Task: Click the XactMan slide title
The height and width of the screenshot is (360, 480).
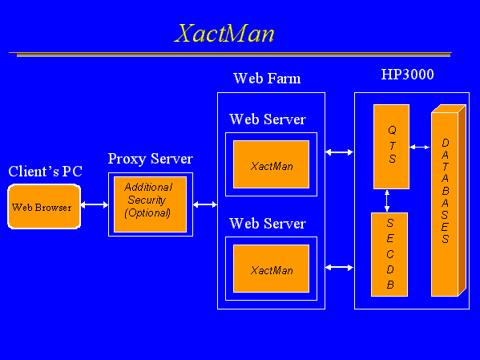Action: pyautogui.click(x=225, y=34)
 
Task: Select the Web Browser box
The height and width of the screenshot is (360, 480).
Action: pyautogui.click(x=44, y=207)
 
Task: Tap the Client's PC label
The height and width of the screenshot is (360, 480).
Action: pyautogui.click(x=45, y=172)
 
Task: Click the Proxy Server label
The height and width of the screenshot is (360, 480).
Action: pyautogui.click(x=150, y=159)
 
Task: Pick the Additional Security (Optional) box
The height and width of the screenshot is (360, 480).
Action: pyautogui.click(x=150, y=204)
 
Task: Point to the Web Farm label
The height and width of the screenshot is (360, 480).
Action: pyautogui.click(x=267, y=79)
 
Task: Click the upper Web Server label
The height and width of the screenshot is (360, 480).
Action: pyautogui.click(x=267, y=119)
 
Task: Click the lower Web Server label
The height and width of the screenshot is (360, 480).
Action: pyautogui.click(x=267, y=224)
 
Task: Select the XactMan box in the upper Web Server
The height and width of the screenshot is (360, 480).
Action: pyautogui.click(x=271, y=164)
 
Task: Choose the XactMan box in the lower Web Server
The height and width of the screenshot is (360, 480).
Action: pyautogui.click(x=271, y=269)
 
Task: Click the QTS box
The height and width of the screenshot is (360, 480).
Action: pyautogui.click(x=391, y=146)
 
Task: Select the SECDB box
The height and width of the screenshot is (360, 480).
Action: pyautogui.click(x=389, y=253)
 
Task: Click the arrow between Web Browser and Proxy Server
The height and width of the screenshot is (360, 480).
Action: pyautogui.click(x=95, y=205)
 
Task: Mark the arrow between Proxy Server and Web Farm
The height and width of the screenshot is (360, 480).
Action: pyautogui.click(x=205, y=205)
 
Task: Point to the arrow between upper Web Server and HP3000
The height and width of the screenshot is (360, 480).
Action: pyautogui.click(x=340, y=152)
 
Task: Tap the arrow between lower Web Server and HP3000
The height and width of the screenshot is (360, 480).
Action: pyautogui.click(x=340, y=267)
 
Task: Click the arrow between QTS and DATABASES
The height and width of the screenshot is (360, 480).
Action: pyautogui.click(x=420, y=147)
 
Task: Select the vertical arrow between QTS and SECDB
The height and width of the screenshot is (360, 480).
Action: pyautogui.click(x=388, y=200)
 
